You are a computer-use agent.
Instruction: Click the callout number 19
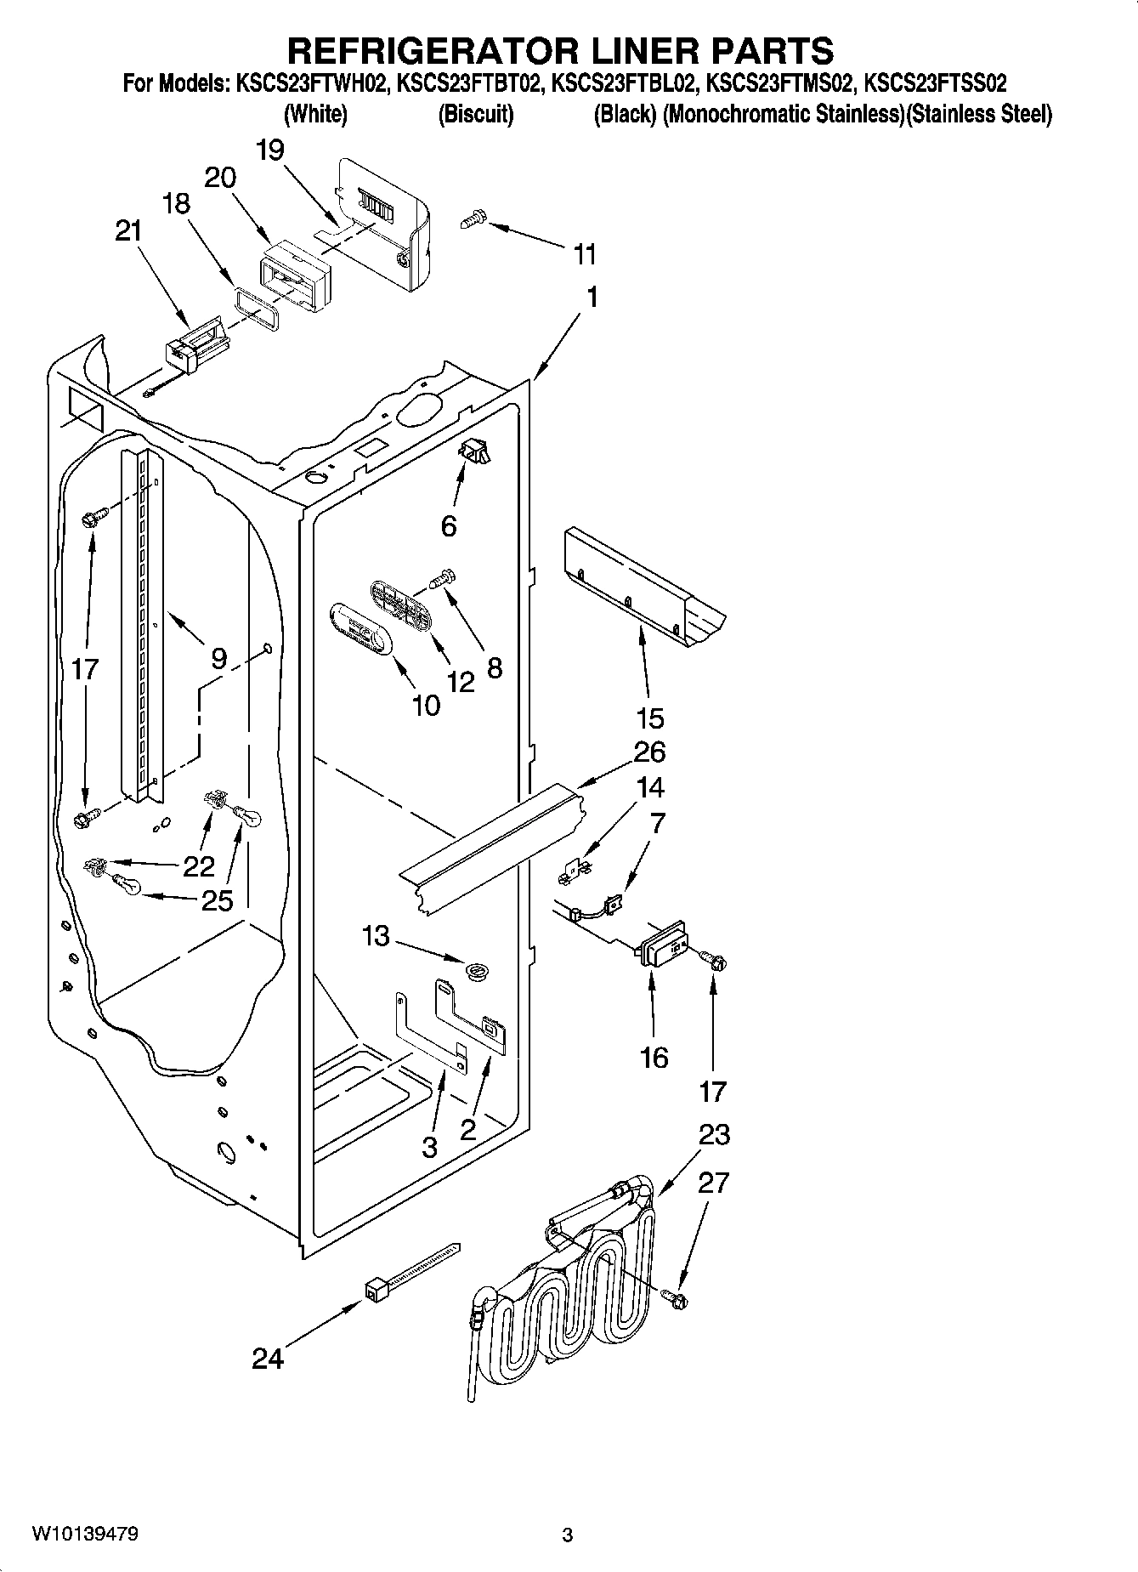coord(270,150)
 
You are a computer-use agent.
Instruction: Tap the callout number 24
coord(267,1359)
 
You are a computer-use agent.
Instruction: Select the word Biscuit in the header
coord(475,114)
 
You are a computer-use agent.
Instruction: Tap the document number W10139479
coord(85,1535)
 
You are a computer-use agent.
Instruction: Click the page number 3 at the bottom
coord(568,1535)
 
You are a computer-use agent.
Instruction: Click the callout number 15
coord(649,718)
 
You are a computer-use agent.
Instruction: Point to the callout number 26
coord(649,752)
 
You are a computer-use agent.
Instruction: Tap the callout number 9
coord(219,658)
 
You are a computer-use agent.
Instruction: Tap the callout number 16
coord(654,1058)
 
